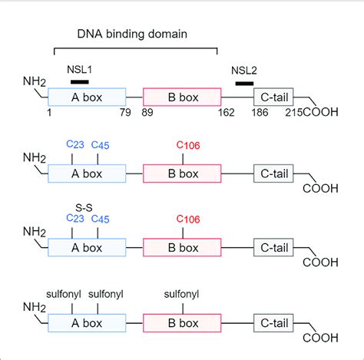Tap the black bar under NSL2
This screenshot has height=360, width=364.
[244, 83]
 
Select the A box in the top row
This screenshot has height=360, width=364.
[87, 97]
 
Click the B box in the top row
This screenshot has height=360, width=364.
[182, 97]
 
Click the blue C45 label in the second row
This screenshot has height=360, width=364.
[101, 146]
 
